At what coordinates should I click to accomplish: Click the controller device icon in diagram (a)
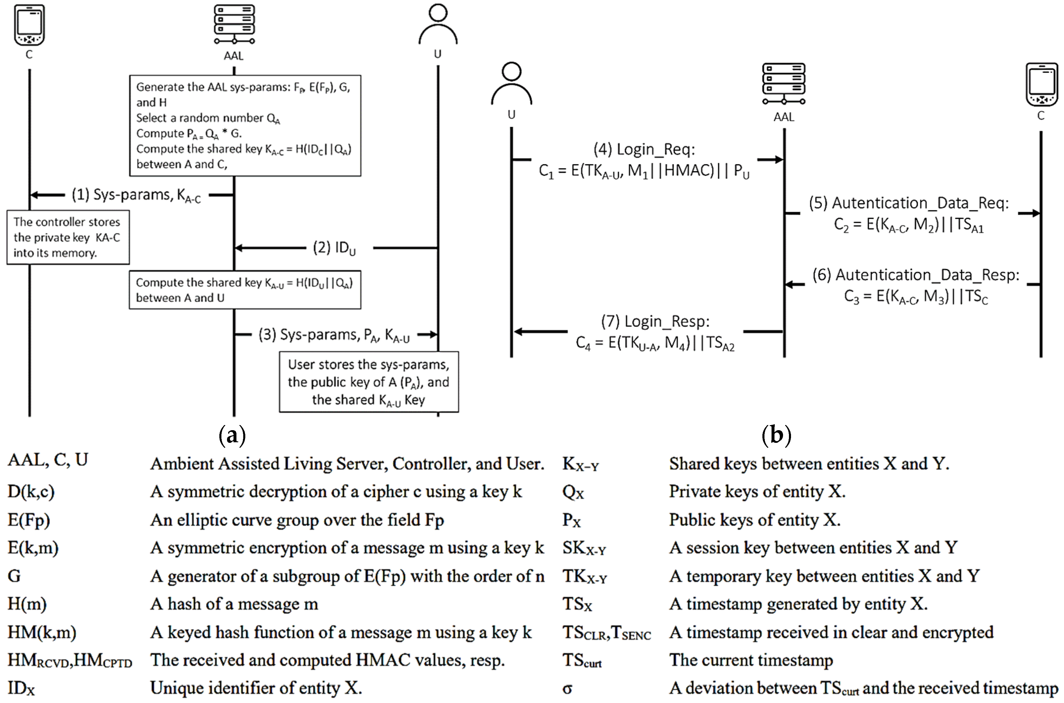pyautogui.click(x=29, y=25)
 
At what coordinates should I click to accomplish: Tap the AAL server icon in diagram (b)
pyautogui.click(x=784, y=84)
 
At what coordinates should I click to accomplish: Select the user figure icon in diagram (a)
pyautogui.click(x=438, y=25)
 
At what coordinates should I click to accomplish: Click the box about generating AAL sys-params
pyautogui.click(x=245, y=126)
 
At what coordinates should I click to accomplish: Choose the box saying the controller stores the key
pyautogui.click(x=68, y=237)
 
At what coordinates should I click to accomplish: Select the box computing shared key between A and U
pyautogui.click(x=245, y=290)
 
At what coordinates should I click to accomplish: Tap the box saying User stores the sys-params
pyautogui.click(x=369, y=382)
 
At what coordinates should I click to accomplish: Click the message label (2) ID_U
pyautogui.click(x=334, y=248)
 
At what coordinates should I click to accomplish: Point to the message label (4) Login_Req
pyautogui.click(x=644, y=149)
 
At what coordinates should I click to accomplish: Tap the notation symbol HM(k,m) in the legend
pyautogui.click(x=42, y=632)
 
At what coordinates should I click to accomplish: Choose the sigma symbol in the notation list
pyautogui.click(x=568, y=688)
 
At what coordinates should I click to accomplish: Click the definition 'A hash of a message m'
pyautogui.click(x=234, y=604)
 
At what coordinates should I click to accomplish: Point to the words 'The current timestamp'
pyautogui.click(x=751, y=660)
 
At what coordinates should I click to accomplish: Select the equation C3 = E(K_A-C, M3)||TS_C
pyautogui.click(x=916, y=297)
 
